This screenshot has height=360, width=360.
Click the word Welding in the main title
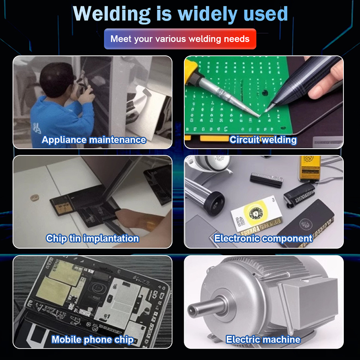pyautogui.click(x=112, y=14)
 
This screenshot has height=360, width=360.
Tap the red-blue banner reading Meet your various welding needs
pyautogui.click(x=180, y=39)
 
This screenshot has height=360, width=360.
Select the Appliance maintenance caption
pyautogui.click(x=94, y=140)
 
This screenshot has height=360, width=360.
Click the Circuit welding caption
pyautogui.click(x=263, y=140)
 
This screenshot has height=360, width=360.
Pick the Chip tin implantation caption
pyautogui.click(x=92, y=238)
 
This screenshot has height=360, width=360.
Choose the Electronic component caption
pyautogui.click(x=263, y=238)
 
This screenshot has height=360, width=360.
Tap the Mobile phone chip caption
pyautogui.click(x=92, y=340)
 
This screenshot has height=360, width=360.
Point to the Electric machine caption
pyautogui.click(x=263, y=340)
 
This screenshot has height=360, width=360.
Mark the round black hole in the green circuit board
pyautogui.click(x=265, y=93)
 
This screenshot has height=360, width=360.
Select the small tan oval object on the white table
pyautogui.click(x=35, y=198)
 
